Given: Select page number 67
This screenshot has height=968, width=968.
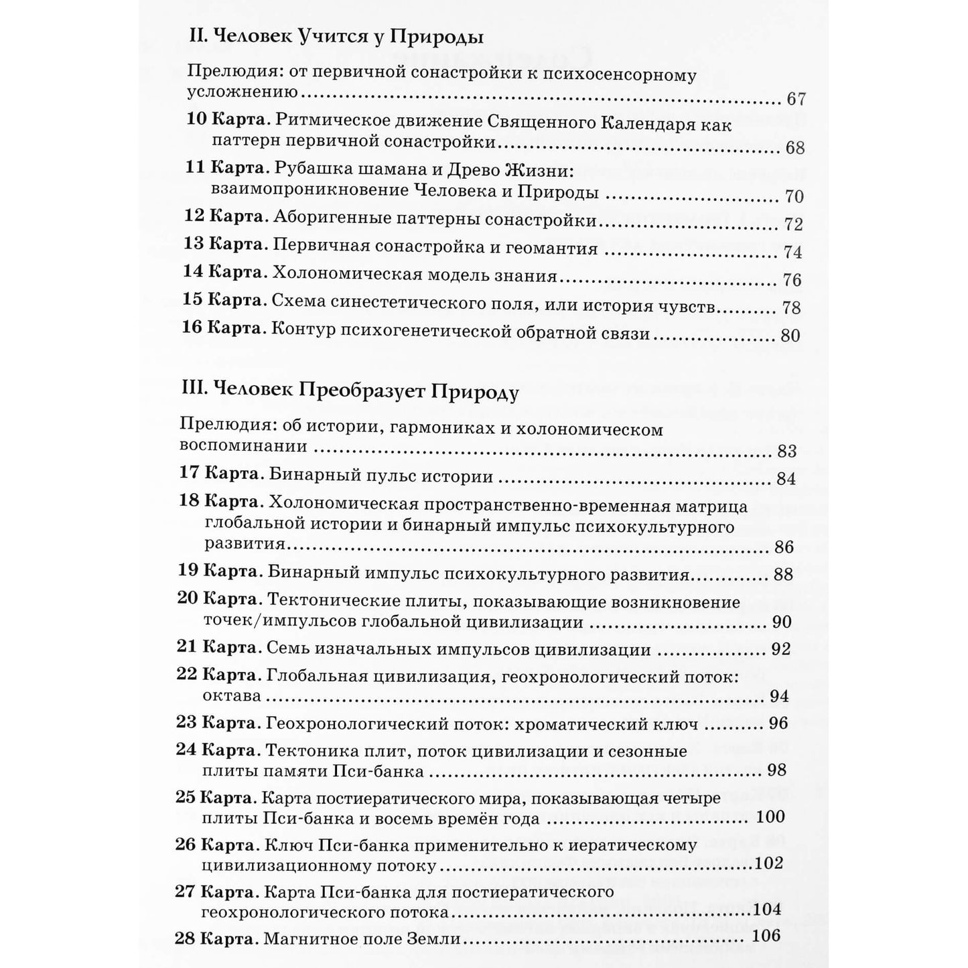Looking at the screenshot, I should tap(796, 99).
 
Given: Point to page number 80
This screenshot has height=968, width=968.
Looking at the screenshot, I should tap(790, 335).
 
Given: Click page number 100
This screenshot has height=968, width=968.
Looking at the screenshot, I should tap(770, 817).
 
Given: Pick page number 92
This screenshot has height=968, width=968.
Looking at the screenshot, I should tap(780, 649).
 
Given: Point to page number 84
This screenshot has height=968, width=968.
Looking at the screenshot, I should tap(786, 478).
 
